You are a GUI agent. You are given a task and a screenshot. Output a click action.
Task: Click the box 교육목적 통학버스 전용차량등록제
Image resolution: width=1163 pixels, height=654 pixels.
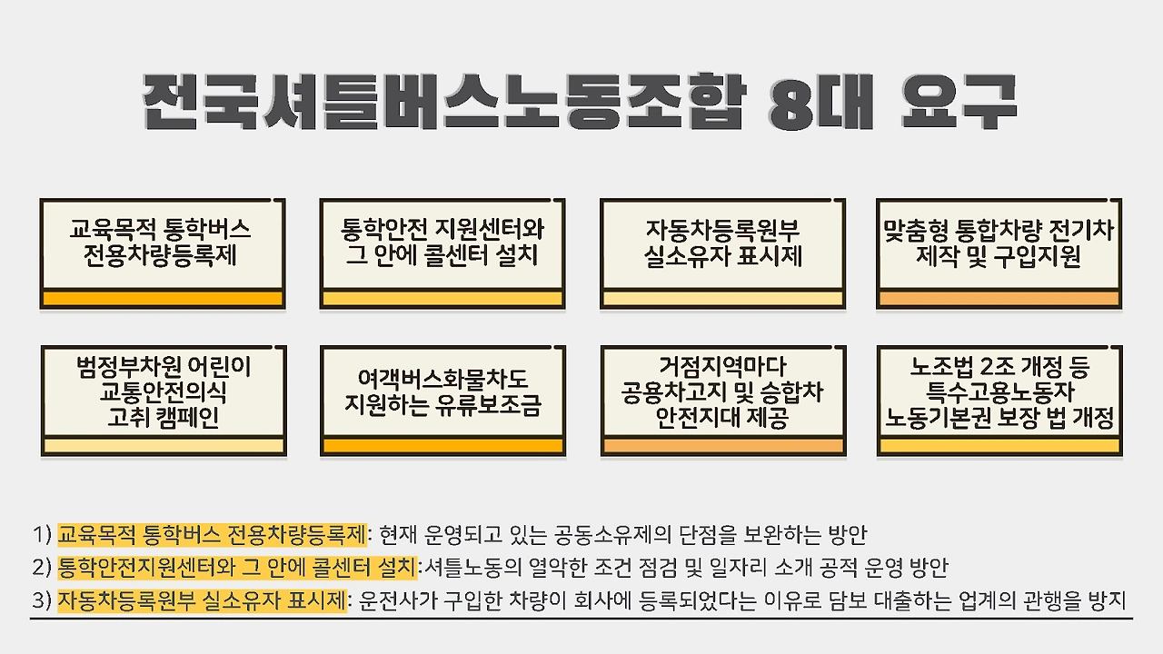tap(163, 242)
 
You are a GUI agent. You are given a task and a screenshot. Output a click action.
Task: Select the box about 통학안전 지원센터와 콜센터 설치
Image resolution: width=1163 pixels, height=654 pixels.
tap(442, 242)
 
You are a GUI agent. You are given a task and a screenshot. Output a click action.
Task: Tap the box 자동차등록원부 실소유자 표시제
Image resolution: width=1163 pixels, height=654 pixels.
tap(722, 242)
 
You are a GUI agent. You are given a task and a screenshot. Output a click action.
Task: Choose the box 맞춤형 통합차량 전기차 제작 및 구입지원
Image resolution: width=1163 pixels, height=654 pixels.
tap(999, 242)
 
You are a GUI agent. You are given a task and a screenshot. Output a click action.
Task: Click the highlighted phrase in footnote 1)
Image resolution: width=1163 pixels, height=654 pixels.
tap(211, 533)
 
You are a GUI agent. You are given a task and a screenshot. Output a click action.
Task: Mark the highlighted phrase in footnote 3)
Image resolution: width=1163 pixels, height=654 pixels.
tap(203, 600)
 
